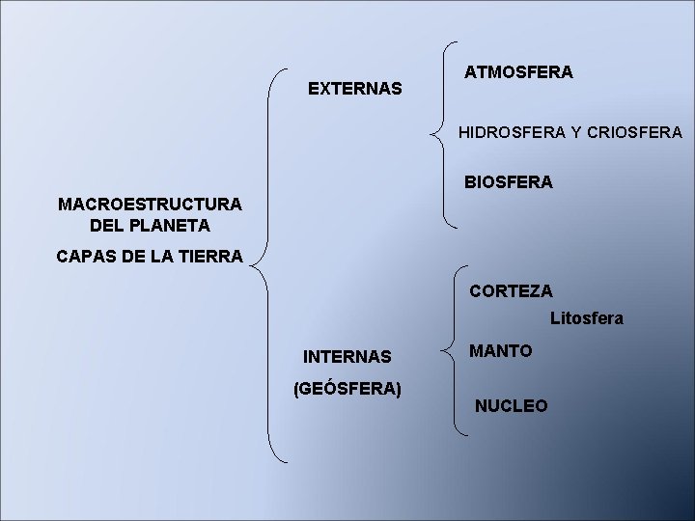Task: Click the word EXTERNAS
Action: (x=355, y=89)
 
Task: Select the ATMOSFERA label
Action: (x=518, y=72)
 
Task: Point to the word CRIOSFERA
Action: (x=635, y=131)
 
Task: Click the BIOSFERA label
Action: (x=509, y=181)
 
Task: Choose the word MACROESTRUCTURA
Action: (x=150, y=205)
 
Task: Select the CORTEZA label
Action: (x=511, y=290)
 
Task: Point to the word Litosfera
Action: (x=587, y=317)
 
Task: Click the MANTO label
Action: (x=500, y=351)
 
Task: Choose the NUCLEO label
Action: (x=511, y=406)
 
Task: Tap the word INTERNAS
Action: (x=347, y=357)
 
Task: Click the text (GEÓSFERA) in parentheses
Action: (x=347, y=389)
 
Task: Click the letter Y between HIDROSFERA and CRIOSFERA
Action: (x=576, y=131)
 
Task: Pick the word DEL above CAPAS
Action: (x=106, y=226)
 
